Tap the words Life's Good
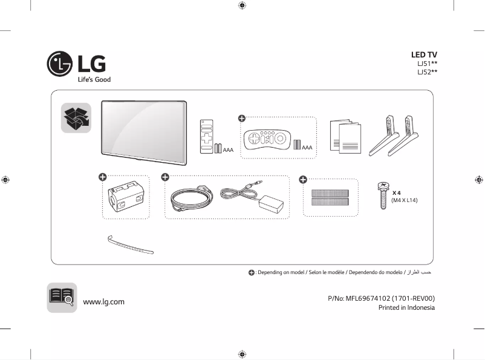point(94,80)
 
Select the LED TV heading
point(424,54)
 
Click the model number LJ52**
point(427,72)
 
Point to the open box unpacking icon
point(76,118)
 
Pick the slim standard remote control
point(206,137)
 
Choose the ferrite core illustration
point(125,197)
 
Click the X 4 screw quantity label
point(397,192)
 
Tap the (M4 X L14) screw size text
point(404,200)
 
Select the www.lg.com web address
point(103,301)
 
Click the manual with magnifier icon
point(62,297)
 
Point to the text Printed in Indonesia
point(406,307)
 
